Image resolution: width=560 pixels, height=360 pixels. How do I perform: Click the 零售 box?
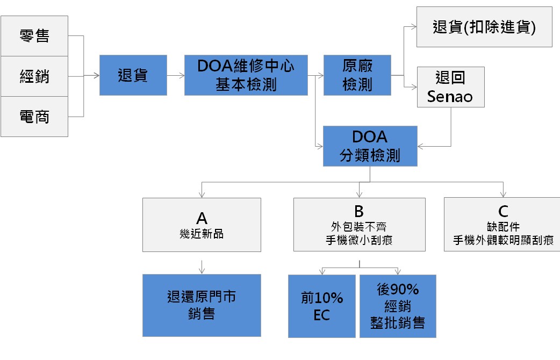[34, 36]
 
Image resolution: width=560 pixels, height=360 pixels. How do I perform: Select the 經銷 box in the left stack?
[34, 76]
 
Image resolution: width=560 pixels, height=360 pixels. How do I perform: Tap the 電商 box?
[34, 117]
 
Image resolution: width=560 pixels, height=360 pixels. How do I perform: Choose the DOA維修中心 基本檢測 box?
[246, 75]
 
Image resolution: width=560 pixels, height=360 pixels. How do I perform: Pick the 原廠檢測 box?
[357, 75]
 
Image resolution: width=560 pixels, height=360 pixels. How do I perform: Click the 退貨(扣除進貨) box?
[484, 27]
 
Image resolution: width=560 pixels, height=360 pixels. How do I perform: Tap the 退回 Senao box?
[450, 87]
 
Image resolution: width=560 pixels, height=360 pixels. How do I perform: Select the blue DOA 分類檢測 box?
[370, 146]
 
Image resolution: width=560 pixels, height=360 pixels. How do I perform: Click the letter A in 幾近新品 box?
[202, 218]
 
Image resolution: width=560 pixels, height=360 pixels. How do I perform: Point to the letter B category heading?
[359, 211]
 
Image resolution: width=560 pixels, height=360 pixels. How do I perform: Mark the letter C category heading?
[503, 212]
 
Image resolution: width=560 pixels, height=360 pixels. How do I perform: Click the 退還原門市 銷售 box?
[202, 305]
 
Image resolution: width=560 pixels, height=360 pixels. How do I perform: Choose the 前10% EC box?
[321, 306]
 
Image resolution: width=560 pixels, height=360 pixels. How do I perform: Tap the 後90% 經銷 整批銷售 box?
[397, 306]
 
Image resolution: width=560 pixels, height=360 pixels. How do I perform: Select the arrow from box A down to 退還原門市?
[202, 266]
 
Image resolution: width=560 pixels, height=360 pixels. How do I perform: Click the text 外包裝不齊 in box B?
[359, 227]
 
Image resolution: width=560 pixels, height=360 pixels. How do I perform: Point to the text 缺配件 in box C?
[503, 227]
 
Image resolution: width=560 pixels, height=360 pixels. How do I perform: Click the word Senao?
[450, 97]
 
